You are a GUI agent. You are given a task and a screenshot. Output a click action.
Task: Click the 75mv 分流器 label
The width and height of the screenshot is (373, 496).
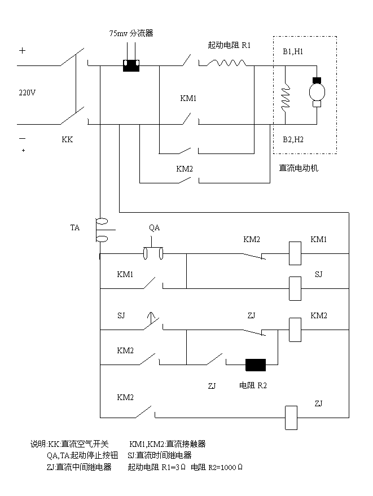[130, 33]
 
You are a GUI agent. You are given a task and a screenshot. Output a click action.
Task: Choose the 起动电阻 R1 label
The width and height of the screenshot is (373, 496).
[231, 45]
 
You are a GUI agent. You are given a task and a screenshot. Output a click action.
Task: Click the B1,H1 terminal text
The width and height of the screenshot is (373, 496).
[293, 51]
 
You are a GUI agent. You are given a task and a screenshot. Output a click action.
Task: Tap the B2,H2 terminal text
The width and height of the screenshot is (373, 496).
[293, 139]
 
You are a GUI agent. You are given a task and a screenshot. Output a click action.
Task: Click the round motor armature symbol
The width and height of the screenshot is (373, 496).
[316, 91]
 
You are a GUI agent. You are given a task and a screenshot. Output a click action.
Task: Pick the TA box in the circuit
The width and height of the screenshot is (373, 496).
[76, 227]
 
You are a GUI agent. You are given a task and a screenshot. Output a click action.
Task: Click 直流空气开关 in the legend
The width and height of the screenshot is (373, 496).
[85, 444]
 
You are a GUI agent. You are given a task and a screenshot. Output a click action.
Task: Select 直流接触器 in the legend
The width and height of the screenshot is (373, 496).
[186, 444]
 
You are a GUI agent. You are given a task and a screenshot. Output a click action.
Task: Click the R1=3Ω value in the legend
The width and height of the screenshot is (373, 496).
[173, 467]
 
